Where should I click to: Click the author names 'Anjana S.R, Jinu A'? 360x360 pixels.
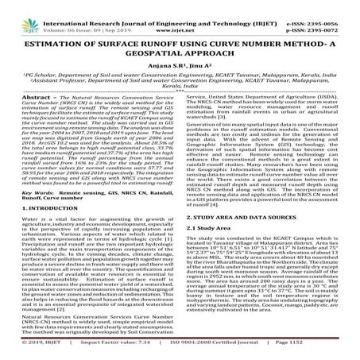[180, 69]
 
